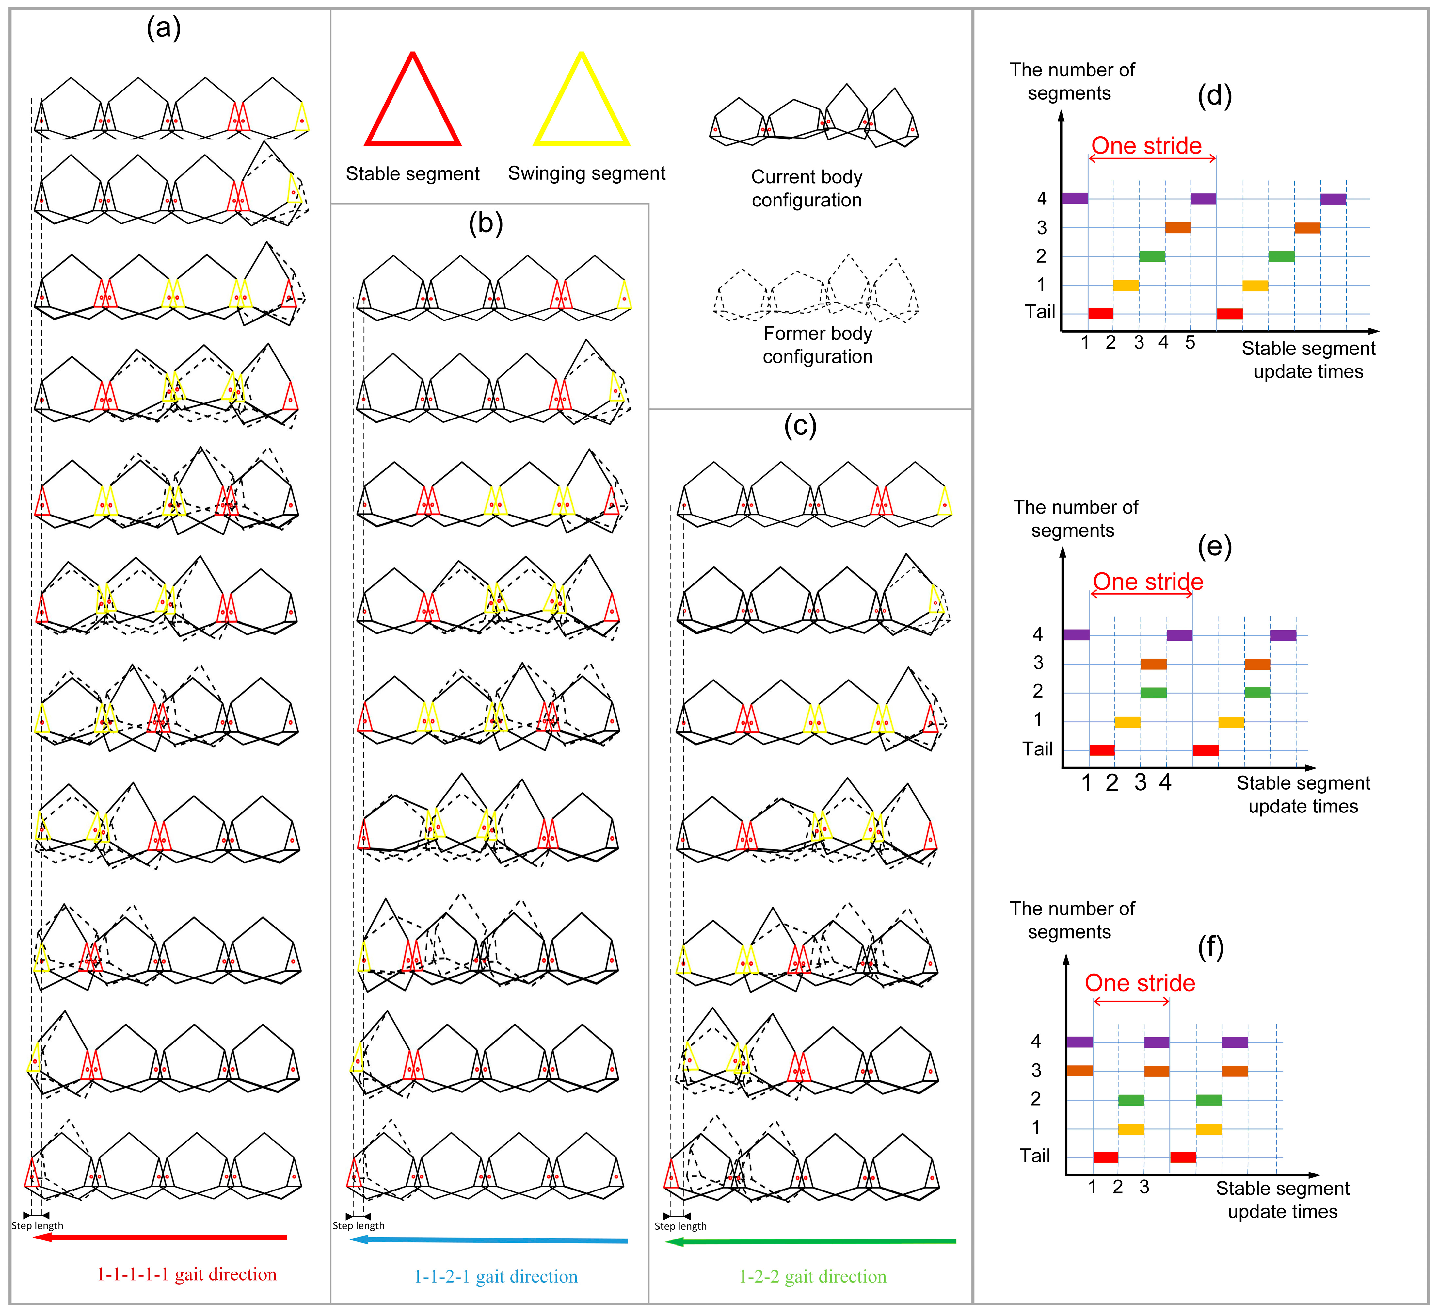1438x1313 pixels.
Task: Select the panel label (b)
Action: pyautogui.click(x=486, y=223)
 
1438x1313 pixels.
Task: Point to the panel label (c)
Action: pyautogui.click(x=800, y=426)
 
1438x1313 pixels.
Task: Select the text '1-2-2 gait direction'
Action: pyautogui.click(x=812, y=1277)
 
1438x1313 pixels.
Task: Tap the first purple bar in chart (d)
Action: pyautogui.click(x=1074, y=198)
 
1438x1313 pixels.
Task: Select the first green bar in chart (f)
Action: pyautogui.click(x=1130, y=1100)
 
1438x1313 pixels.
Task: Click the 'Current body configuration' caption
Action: pyautogui.click(x=807, y=189)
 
